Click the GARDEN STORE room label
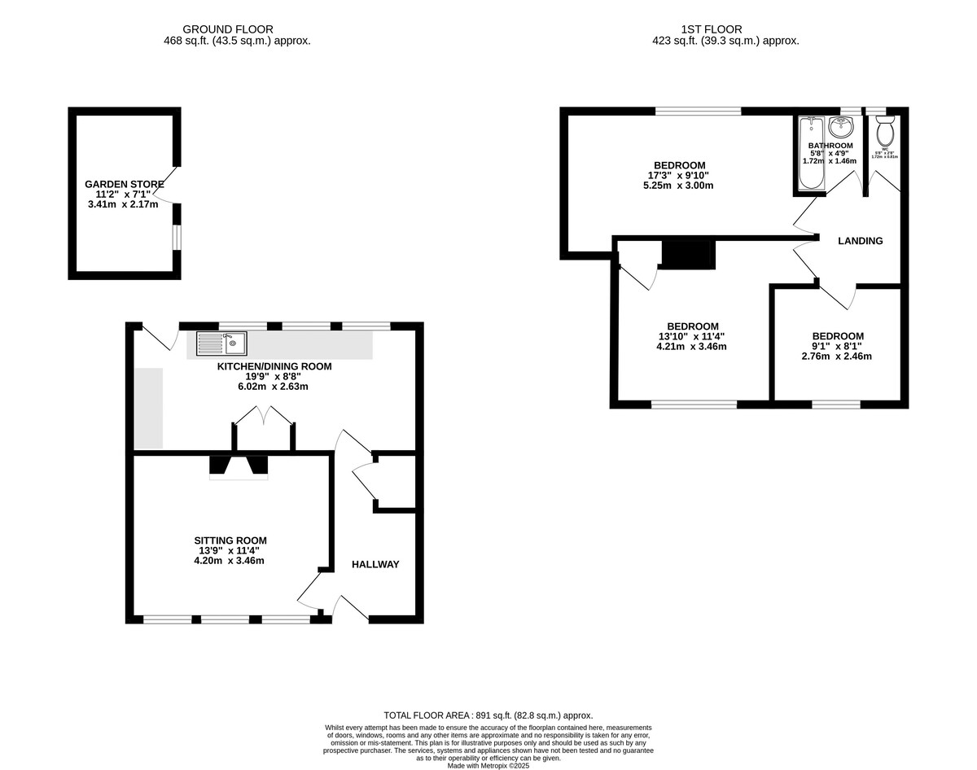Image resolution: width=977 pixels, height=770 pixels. tap(120, 185)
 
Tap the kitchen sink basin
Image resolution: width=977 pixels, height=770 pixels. tap(232, 343)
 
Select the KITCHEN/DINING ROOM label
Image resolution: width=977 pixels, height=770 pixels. tap(274, 366)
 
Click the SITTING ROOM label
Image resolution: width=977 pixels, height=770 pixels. tap(230, 540)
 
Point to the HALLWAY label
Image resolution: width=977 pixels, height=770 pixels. tap(375, 564)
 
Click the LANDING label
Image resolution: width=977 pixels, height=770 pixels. tap(861, 241)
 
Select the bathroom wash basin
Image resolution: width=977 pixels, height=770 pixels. tap(840, 127)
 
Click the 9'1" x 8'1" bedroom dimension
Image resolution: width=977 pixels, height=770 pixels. tap(838, 346)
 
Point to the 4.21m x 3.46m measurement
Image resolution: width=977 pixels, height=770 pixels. tap(692, 346)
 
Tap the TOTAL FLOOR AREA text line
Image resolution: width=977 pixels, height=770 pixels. tap(488, 715)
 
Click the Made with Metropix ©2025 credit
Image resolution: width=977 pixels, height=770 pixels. tap(488, 765)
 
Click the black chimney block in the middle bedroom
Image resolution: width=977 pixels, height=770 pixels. tap(688, 254)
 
